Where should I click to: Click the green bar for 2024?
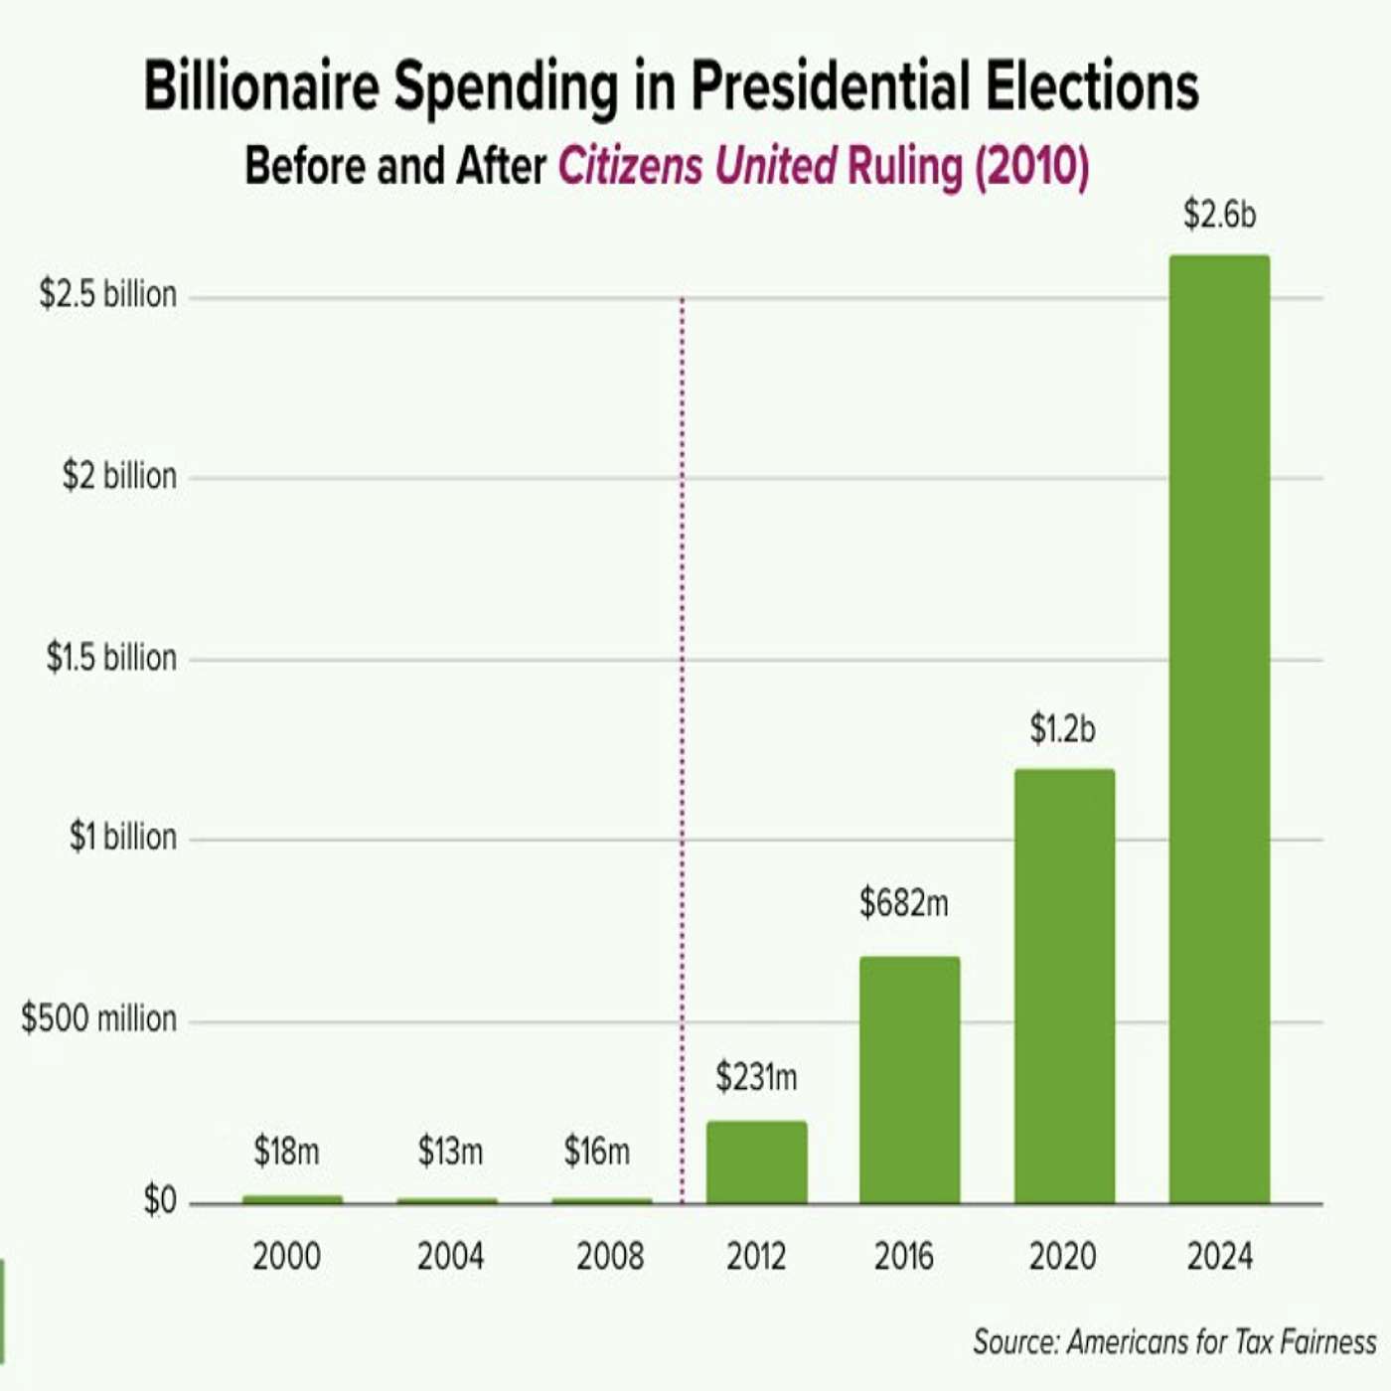[1219, 730]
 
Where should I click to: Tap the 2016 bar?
[909, 1080]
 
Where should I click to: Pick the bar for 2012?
[756, 1162]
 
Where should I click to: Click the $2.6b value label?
[1219, 215]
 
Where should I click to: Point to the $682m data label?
[903, 903]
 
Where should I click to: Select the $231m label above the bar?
[756, 1077]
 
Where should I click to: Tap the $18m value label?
[286, 1152]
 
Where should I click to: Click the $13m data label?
[450, 1152]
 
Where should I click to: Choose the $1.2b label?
[1062, 730]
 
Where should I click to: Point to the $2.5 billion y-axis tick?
[108, 295]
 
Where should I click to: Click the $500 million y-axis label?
[98, 1018]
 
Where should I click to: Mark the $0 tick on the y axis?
[160, 1201]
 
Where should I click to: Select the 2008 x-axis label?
[610, 1257]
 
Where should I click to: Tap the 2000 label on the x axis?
[286, 1257]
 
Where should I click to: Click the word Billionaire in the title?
[261, 86]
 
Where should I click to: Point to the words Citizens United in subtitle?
[696, 166]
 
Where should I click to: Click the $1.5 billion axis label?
[111, 658]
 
